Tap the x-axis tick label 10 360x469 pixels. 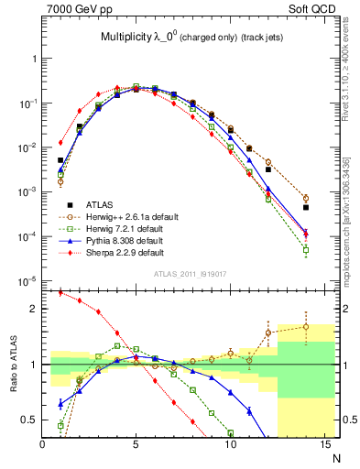[x=230, y=445]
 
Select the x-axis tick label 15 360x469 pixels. [x=323, y=445]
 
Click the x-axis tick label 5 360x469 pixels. [x=136, y=445]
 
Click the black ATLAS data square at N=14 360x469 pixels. [x=306, y=207]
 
